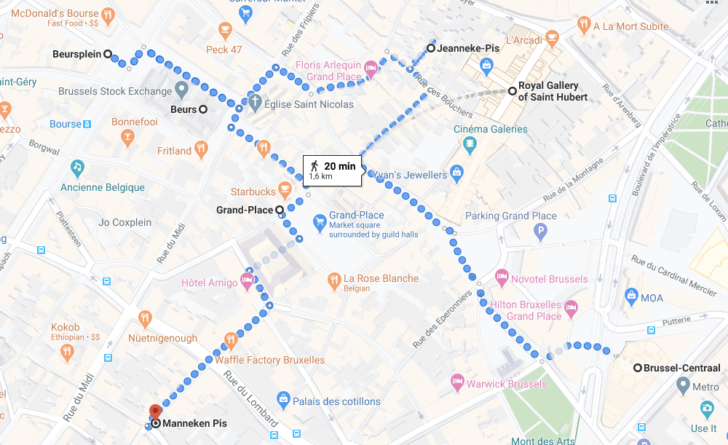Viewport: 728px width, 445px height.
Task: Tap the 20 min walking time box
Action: [x=333, y=170]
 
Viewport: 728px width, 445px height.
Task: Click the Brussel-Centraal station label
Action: [x=678, y=368]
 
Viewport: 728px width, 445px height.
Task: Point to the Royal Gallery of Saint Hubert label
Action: [x=553, y=91]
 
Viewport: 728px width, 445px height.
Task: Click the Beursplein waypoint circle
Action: [x=108, y=54]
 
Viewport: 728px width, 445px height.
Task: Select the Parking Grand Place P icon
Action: [x=540, y=233]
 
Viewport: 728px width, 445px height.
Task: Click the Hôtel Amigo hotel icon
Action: [x=248, y=280]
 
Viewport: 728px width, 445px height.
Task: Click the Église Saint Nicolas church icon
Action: [x=255, y=103]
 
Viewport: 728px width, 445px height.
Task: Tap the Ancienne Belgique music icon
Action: [x=77, y=168]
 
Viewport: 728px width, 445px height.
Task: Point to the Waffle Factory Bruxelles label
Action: [x=269, y=360]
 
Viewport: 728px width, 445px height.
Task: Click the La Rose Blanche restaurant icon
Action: [x=334, y=278]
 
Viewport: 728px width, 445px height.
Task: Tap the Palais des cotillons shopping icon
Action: [x=284, y=399]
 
